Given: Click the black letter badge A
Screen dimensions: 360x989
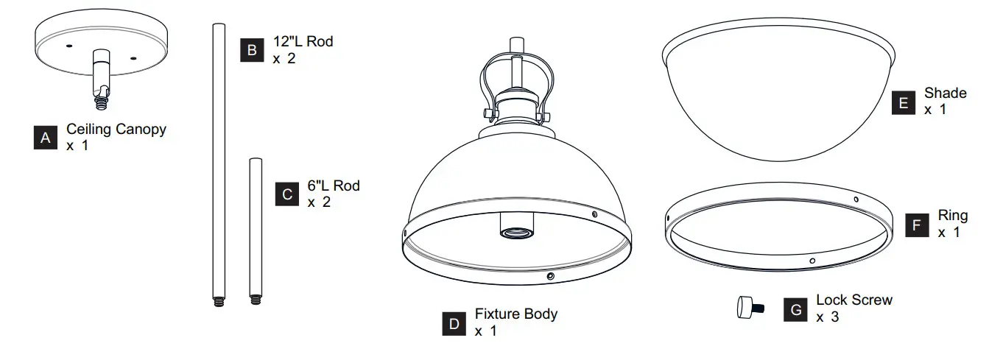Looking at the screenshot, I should [x=46, y=138].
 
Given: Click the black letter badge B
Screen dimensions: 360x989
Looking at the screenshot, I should [x=252, y=50].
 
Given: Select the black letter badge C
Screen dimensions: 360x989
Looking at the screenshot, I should [x=286, y=194].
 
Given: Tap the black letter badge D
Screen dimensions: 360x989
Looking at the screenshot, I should [x=454, y=323].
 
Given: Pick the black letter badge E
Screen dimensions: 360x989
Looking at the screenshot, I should [x=904, y=102].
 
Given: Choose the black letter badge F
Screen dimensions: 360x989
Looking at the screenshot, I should [x=917, y=225].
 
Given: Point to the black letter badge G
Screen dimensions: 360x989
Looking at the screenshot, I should [x=795, y=309].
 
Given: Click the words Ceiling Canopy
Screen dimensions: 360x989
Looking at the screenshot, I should [x=116, y=130].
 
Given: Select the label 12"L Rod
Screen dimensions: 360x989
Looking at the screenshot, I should [x=303, y=42].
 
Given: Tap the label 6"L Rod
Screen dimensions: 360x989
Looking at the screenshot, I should [x=334, y=186].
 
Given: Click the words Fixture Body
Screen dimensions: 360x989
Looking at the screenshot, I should [x=516, y=314].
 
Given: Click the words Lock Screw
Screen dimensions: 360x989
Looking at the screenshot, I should [x=854, y=300].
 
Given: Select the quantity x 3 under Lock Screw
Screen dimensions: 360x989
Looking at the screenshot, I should [x=827, y=317].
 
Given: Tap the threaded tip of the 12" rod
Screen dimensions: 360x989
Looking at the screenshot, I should [x=219, y=300].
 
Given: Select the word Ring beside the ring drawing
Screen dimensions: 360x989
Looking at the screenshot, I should [x=953, y=216].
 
